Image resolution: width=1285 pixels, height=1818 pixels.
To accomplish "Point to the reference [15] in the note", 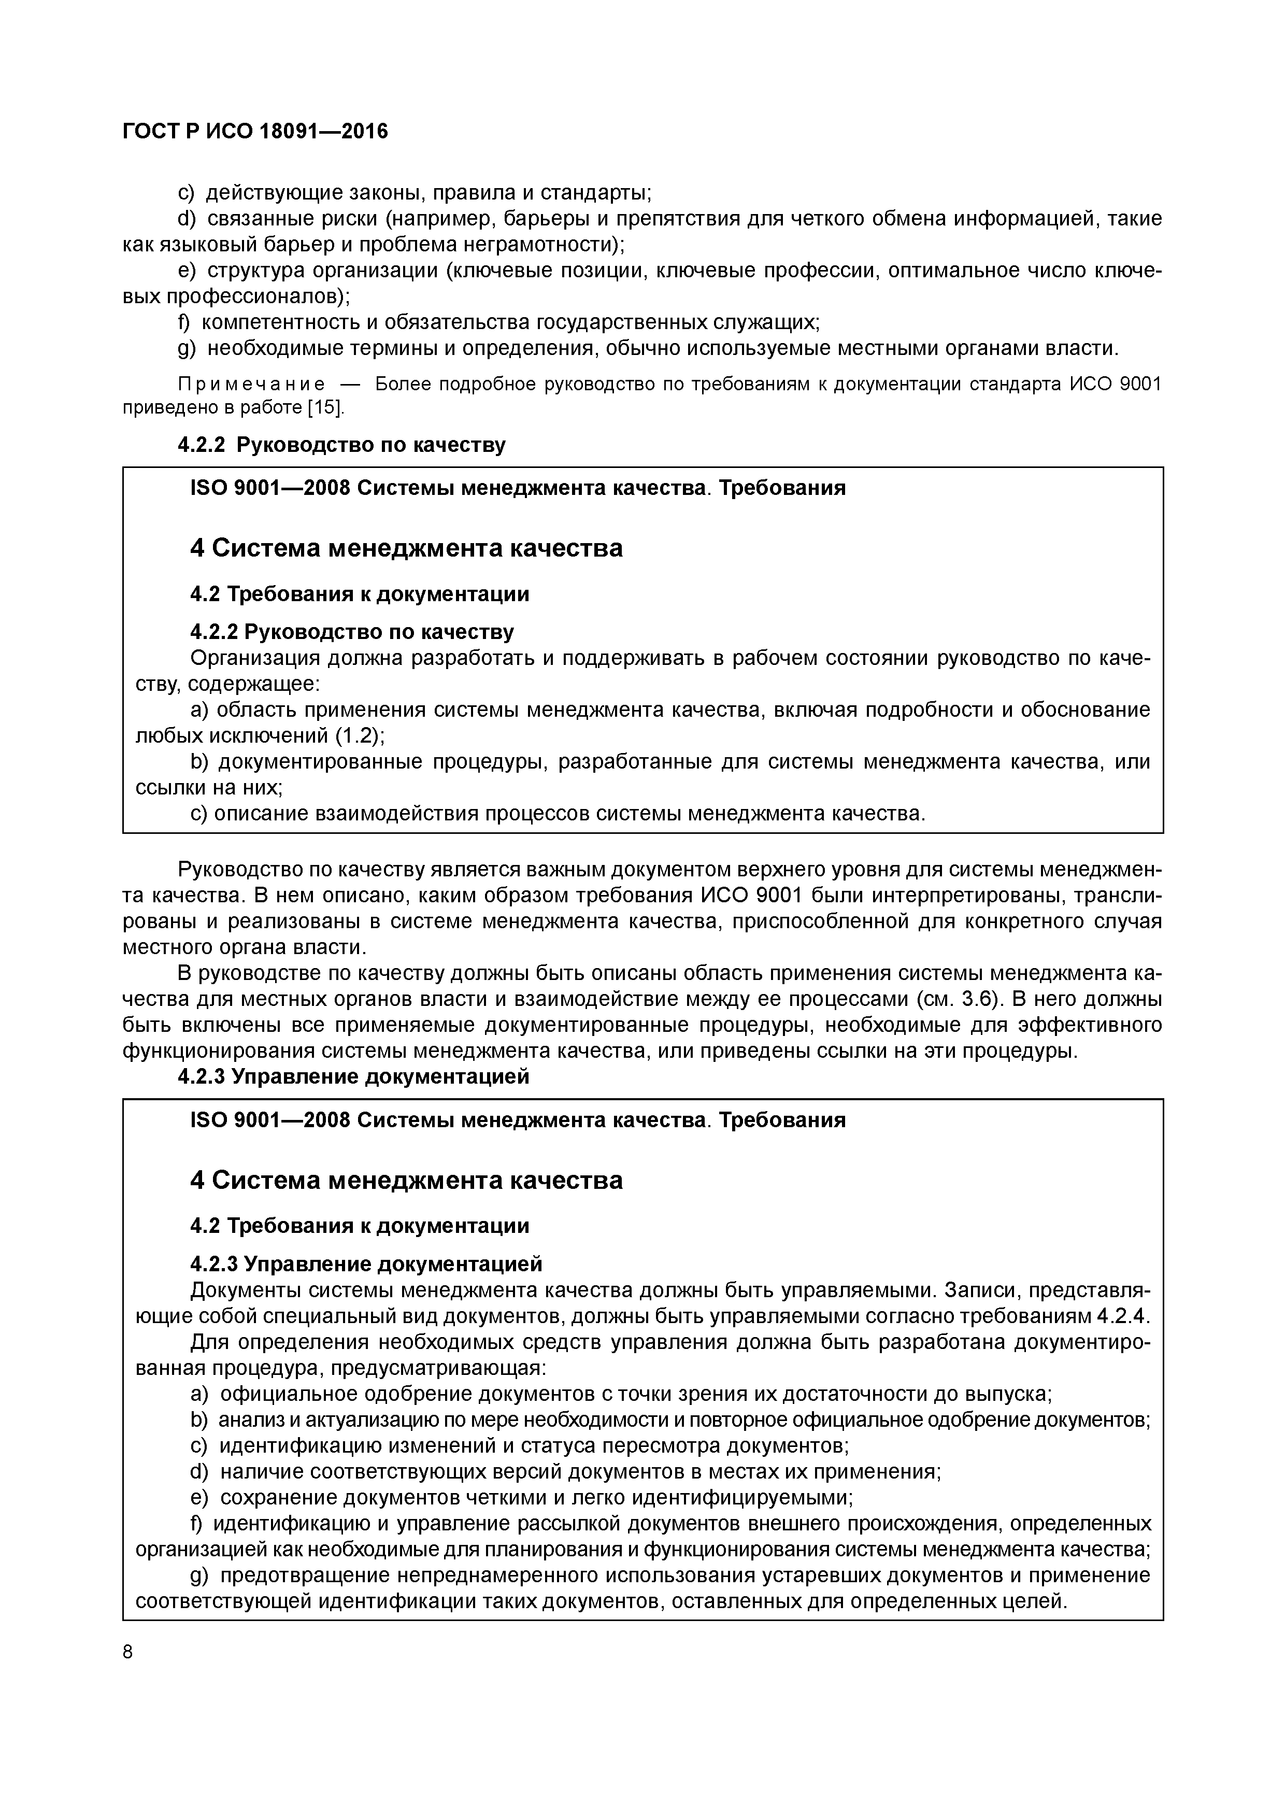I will click(x=326, y=408).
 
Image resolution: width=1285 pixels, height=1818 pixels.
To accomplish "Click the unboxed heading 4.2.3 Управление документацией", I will click(x=353, y=1077).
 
